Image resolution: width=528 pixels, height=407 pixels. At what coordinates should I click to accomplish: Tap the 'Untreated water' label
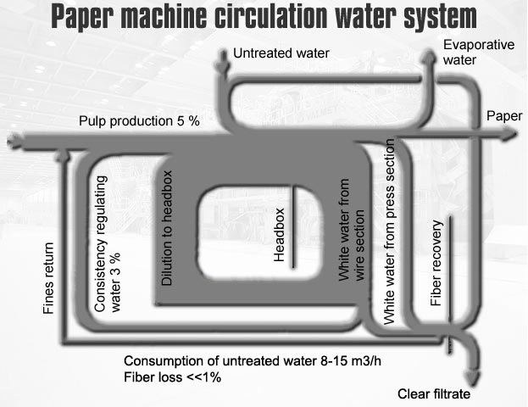tap(281, 53)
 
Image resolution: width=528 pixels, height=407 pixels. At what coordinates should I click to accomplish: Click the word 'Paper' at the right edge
tap(503, 114)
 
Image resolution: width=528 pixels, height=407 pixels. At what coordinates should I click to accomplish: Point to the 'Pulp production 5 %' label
tap(139, 121)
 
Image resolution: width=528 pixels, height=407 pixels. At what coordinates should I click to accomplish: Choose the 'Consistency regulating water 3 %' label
tap(108, 246)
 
